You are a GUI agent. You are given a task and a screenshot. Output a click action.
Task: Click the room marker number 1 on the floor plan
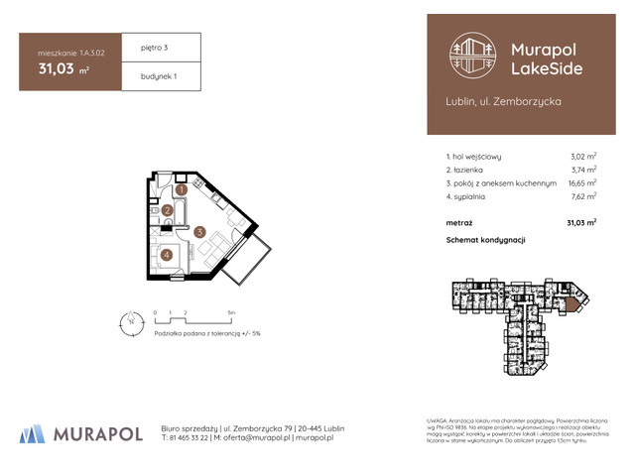pos(182,189)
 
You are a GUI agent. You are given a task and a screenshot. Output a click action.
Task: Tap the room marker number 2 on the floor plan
pos(168,210)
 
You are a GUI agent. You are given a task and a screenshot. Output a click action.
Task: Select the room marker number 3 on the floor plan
pos(199,233)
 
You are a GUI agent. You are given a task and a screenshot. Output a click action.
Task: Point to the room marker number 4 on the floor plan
pos(167,254)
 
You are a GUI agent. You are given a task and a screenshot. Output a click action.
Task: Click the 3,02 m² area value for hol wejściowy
pos(582,157)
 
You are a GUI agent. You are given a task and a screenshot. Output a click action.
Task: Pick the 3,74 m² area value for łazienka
pos(582,170)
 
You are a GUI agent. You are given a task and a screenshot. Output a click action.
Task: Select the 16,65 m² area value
pos(580,183)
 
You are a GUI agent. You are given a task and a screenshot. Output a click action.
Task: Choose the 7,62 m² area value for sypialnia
pos(582,196)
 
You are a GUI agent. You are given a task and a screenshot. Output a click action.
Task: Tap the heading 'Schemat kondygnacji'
pos(485,240)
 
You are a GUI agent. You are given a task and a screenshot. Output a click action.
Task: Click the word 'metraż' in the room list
pos(459,223)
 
